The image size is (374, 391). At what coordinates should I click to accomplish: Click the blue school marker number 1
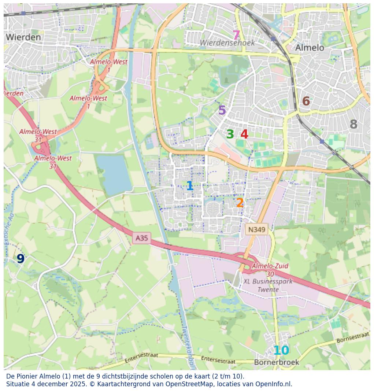[189, 186]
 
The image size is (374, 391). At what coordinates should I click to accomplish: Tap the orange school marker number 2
[240, 203]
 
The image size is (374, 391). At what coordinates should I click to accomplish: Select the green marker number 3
[230, 134]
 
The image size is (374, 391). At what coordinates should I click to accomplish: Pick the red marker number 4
[244, 134]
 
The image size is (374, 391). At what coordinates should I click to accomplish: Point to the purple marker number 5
[222, 111]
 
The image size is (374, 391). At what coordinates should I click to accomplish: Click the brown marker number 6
[306, 102]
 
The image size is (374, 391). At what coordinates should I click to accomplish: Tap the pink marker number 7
[236, 36]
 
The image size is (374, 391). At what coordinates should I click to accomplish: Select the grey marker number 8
[353, 125]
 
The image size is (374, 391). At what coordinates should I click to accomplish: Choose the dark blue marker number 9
[21, 259]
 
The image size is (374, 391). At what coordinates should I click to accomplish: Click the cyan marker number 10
[281, 351]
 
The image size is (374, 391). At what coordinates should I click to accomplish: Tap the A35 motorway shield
[142, 238]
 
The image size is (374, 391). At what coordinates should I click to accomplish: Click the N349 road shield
[256, 230]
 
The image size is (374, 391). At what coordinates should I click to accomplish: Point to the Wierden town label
[23, 37]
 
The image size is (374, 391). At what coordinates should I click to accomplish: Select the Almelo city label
[310, 48]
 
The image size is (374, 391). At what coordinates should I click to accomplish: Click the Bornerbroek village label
[277, 362]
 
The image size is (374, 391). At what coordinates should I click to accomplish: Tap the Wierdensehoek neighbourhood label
[227, 43]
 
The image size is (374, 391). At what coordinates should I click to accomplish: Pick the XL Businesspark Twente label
[268, 285]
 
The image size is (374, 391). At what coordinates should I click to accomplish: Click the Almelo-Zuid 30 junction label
[270, 270]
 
